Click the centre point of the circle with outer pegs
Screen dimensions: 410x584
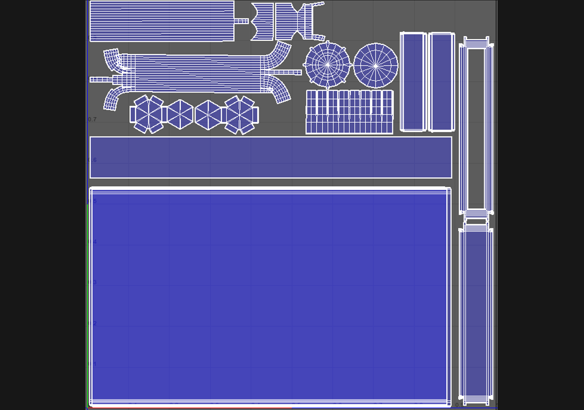tap(328, 65)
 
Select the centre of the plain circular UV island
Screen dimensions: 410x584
tap(375, 66)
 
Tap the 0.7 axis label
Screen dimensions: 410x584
tap(92, 119)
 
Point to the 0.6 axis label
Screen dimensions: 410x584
tap(92, 160)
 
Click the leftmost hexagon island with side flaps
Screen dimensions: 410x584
tap(148, 114)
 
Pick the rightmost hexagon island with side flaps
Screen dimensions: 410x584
tap(240, 115)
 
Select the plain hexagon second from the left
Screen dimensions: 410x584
tap(180, 114)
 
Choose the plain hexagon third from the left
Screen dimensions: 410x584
tap(208, 115)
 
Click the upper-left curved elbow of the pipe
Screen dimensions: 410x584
tap(112, 59)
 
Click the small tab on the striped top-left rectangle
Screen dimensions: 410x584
tap(241, 21)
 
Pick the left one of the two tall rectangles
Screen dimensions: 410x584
tap(413, 82)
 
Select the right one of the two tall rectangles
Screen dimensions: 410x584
tap(441, 82)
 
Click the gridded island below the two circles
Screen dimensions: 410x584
tap(349, 112)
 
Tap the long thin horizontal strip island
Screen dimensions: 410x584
tap(271, 157)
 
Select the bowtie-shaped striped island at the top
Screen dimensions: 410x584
tap(263, 21)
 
